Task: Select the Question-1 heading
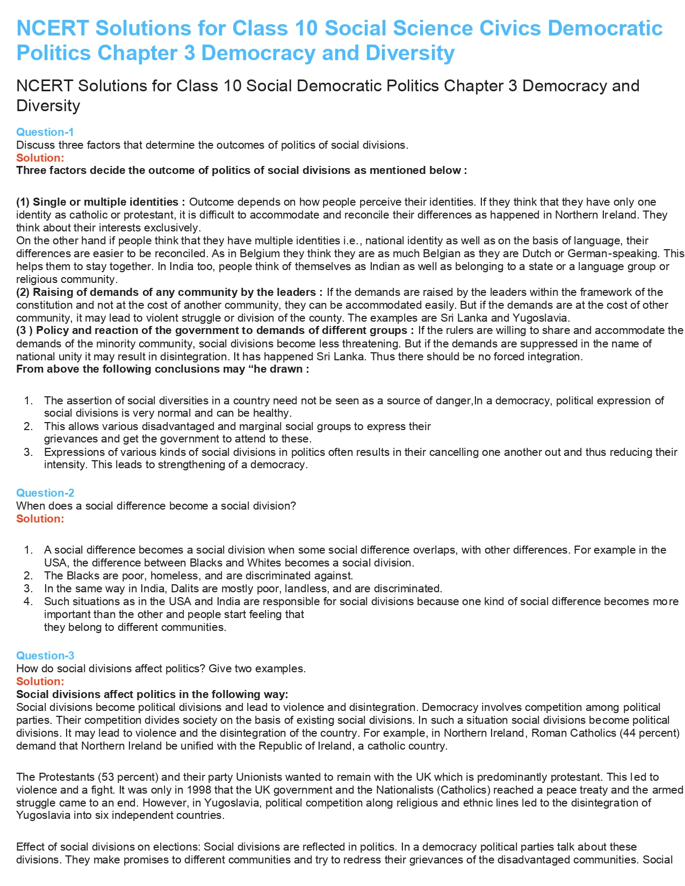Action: pos(45,132)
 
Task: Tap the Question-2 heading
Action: pos(45,493)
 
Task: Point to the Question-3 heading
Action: pos(45,656)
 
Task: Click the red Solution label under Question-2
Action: pos(40,519)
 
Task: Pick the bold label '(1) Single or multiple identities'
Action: pos(100,202)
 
